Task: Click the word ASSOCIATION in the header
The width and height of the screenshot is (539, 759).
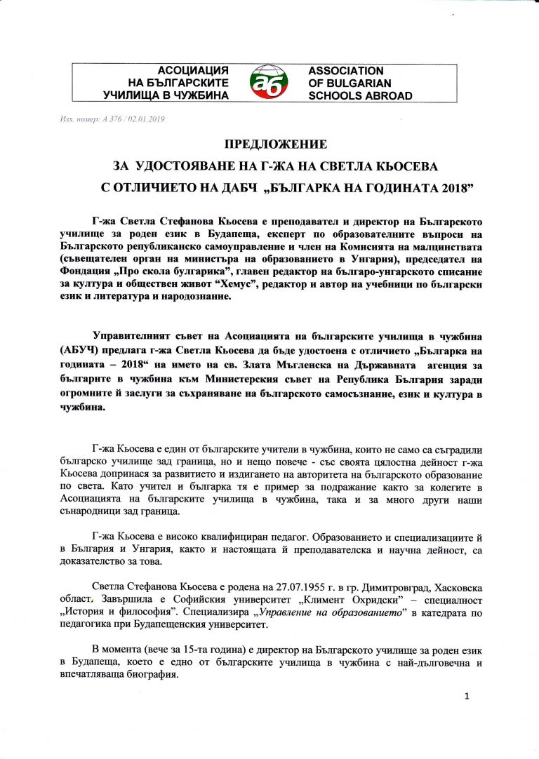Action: click(x=346, y=71)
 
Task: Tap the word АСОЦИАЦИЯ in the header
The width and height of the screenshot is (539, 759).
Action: click(x=193, y=71)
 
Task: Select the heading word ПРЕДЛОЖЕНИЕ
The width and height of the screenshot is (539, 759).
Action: click(x=276, y=145)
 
